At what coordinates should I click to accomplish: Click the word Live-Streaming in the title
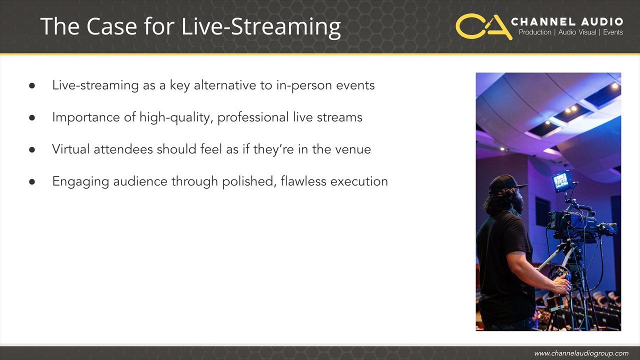pyautogui.click(x=261, y=26)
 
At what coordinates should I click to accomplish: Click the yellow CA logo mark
pyautogui.click(x=483, y=26)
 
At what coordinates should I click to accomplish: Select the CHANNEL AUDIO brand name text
pyautogui.click(x=567, y=21)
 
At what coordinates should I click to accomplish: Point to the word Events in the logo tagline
pyautogui.click(x=613, y=32)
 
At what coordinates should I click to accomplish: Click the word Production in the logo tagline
pyautogui.click(x=535, y=32)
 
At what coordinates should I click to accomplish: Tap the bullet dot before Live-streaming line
pyautogui.click(x=32, y=85)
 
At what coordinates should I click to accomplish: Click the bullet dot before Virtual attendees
pyautogui.click(x=32, y=149)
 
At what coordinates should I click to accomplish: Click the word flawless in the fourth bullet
pyautogui.click(x=303, y=181)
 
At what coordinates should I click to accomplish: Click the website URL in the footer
pyautogui.click(x=581, y=353)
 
